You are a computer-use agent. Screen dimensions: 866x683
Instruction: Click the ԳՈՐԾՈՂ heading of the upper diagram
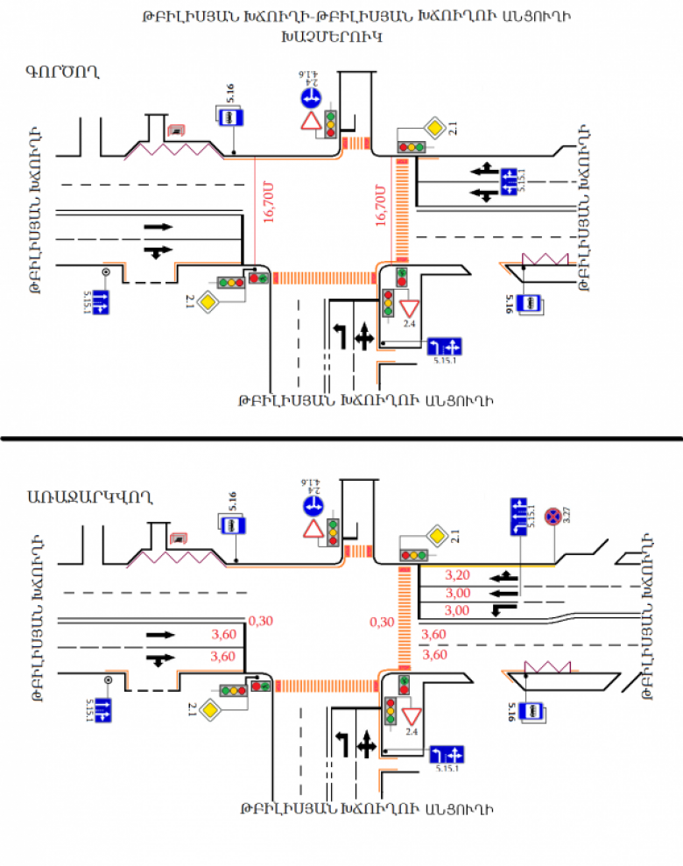pos(61,71)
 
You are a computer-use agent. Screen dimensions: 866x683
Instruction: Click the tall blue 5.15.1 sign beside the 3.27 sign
pos(523,517)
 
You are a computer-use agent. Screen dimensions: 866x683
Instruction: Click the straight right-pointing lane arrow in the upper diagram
pos(158,227)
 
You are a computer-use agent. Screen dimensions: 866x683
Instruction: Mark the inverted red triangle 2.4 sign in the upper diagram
pos(408,307)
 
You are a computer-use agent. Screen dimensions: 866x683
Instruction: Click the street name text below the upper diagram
pos(365,402)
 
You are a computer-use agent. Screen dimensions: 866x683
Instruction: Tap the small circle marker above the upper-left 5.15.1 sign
pos(106,271)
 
